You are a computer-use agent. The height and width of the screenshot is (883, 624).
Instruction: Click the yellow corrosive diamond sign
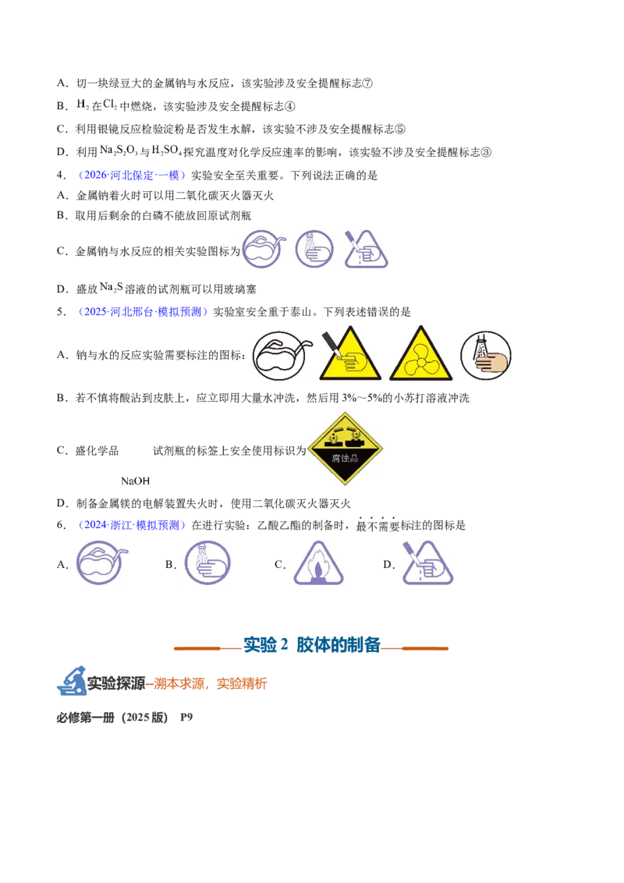tap(345, 449)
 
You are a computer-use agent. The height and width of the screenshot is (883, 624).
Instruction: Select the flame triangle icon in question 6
tap(318, 563)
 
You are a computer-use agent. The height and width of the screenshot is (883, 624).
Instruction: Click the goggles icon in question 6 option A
tap(101, 562)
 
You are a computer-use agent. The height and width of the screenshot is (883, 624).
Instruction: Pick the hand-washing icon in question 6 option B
tap(207, 562)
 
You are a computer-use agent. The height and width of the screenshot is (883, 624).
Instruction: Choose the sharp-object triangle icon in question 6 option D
tap(427, 562)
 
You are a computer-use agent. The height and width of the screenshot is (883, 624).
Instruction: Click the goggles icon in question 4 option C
tap(264, 248)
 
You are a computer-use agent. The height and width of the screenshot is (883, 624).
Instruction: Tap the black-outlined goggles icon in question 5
tap(282, 356)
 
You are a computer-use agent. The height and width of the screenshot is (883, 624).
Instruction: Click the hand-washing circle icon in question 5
tap(485, 356)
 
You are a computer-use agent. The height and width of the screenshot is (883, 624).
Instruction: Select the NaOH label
tap(135, 481)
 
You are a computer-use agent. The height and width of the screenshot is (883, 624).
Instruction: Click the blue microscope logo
tap(71, 680)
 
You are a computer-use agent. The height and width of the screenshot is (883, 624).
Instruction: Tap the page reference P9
tap(186, 717)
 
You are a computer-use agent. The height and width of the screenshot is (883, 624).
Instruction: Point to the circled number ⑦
tap(367, 83)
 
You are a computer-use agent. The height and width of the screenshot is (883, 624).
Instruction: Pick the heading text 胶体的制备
tap(339, 645)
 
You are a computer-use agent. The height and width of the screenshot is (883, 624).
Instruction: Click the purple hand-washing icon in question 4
tap(314, 248)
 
